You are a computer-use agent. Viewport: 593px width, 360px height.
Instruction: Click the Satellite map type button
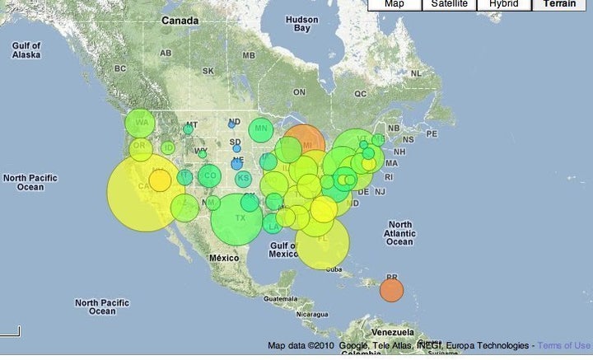coord(451,4)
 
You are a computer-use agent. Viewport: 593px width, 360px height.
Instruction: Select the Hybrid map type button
coord(504,4)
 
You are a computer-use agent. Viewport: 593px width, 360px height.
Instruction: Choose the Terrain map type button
coord(563,4)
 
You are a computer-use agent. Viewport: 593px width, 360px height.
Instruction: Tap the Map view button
coord(395,4)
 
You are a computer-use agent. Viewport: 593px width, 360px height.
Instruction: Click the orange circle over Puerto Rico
coord(391,290)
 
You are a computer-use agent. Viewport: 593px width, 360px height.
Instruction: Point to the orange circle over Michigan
coord(305,143)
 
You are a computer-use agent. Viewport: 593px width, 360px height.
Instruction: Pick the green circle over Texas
coord(236,219)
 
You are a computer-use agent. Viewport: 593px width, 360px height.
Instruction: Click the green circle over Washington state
coord(141,124)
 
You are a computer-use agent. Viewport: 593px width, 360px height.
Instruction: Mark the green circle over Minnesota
coord(261,129)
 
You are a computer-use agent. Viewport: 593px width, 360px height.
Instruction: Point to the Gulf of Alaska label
coord(26,49)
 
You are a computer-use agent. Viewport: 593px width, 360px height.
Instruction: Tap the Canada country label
coord(180,20)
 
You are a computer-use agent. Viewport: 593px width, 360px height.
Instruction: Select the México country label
coord(223,258)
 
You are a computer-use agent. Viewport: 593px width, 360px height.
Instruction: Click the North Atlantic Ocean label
coord(399,233)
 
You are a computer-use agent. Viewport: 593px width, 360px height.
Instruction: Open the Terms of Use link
coord(565,345)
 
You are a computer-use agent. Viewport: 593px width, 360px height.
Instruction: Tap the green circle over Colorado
coord(209,175)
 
